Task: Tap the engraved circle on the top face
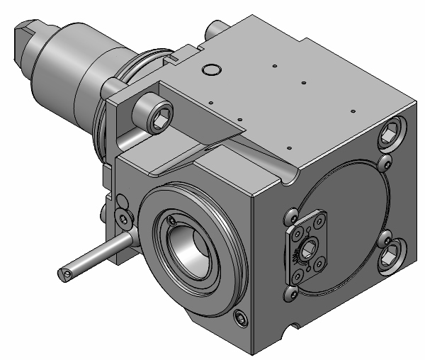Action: click(x=210, y=70)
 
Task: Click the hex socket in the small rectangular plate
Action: click(x=309, y=249)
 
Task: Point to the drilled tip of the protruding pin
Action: click(x=65, y=272)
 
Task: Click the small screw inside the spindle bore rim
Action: click(x=172, y=226)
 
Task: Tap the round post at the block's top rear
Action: click(x=214, y=30)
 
